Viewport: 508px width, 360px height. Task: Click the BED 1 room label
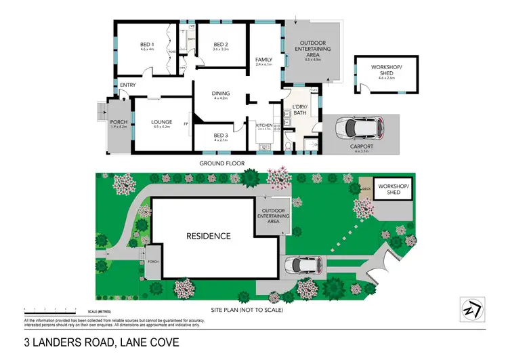coord(148,45)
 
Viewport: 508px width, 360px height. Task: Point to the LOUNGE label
coord(161,123)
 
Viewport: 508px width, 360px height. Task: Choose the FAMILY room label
coord(263,60)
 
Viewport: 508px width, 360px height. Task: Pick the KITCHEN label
coord(263,125)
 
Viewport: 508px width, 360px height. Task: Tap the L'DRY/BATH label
coord(299,110)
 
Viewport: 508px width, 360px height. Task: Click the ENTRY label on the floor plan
coord(127,85)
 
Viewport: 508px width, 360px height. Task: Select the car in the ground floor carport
coord(362,127)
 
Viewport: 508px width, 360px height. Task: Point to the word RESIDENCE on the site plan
coord(209,237)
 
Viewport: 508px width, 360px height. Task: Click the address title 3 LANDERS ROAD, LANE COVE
coord(102,342)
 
